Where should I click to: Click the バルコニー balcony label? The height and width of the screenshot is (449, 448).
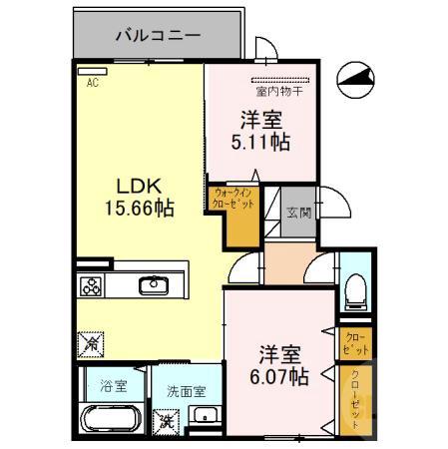pyautogui.click(x=158, y=35)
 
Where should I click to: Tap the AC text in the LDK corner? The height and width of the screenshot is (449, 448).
pyautogui.click(x=93, y=84)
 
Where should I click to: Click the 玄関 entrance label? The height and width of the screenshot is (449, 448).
pyautogui.click(x=297, y=212)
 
